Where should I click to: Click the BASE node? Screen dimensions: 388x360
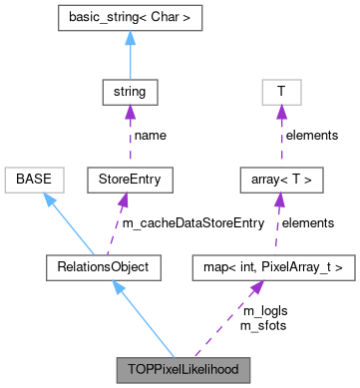click(34, 180)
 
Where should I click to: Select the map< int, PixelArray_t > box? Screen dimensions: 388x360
click(272, 266)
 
